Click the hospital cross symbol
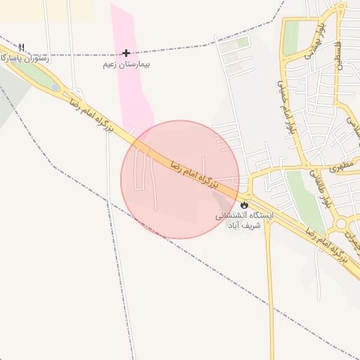click(126, 53)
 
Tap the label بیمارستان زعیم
click(127, 64)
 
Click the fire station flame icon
click(244, 205)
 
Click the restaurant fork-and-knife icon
click(22, 47)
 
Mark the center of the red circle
click(180, 179)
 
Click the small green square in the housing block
click(243, 43)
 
